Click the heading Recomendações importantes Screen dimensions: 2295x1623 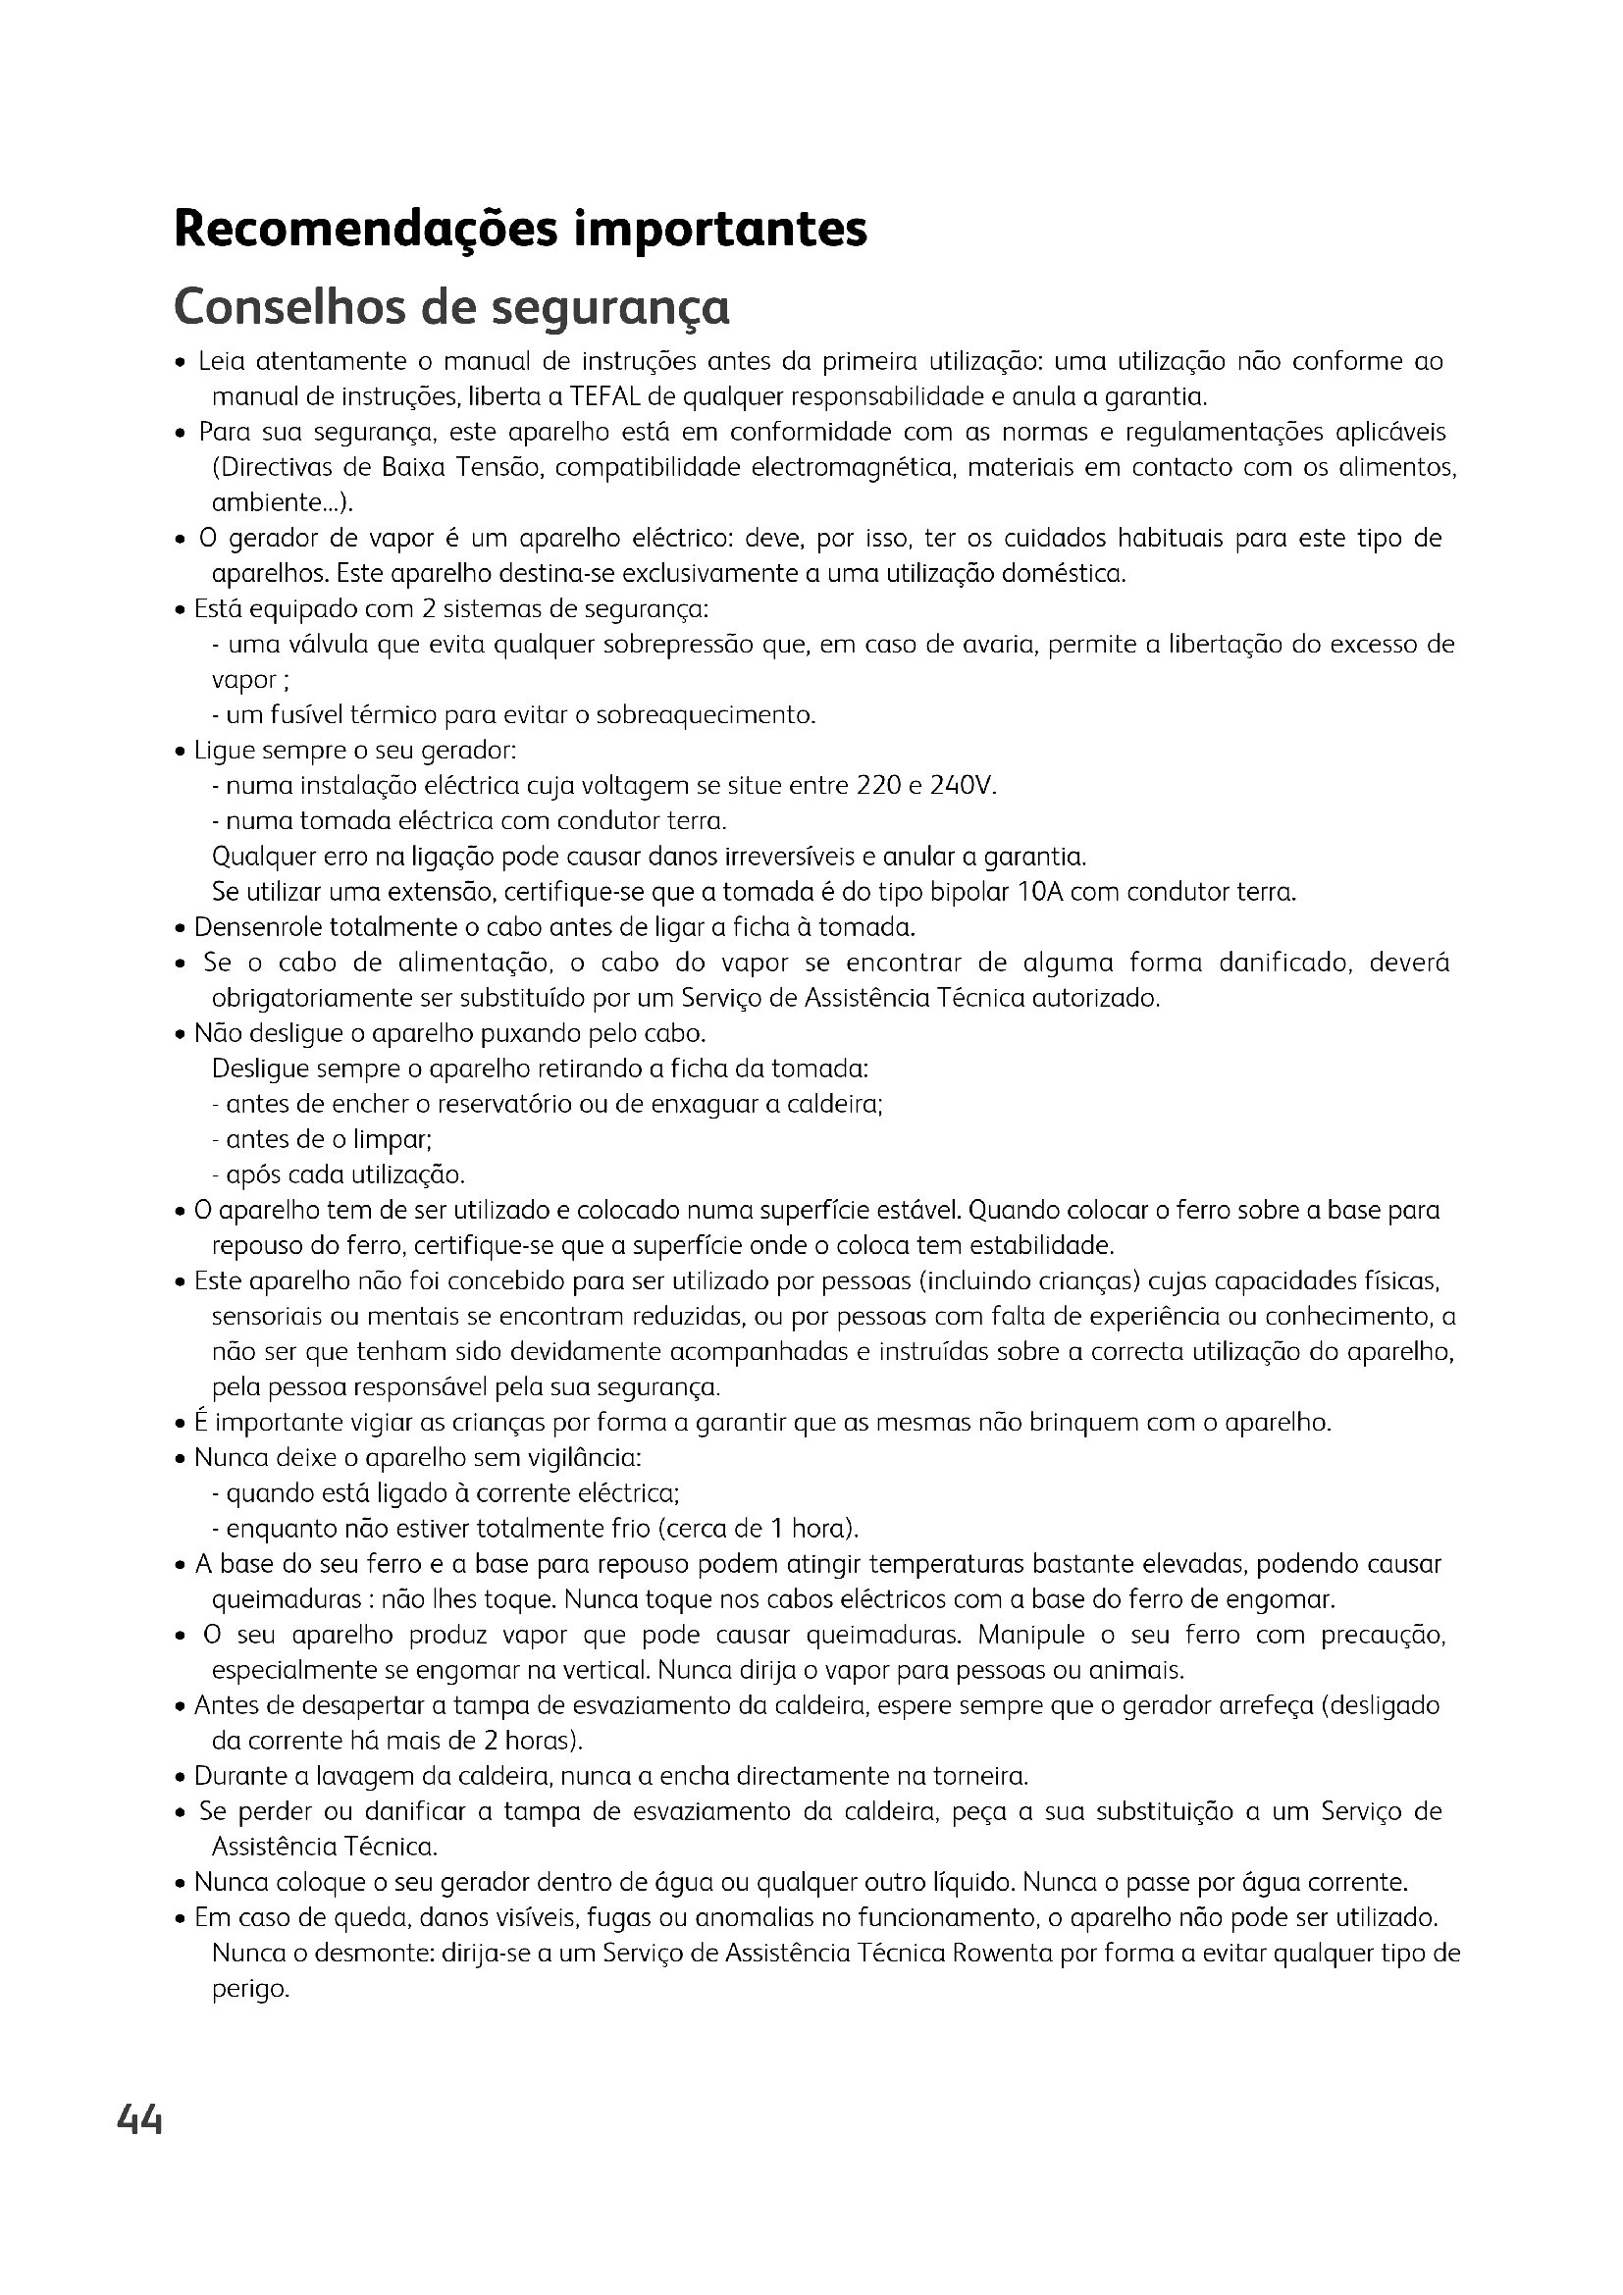pyautogui.click(x=520, y=229)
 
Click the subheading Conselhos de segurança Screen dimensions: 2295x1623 pyautogui.click(x=451, y=307)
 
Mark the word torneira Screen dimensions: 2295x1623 pyautogui.click(x=978, y=1776)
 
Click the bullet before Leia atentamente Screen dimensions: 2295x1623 pyautogui.click(x=181, y=363)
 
